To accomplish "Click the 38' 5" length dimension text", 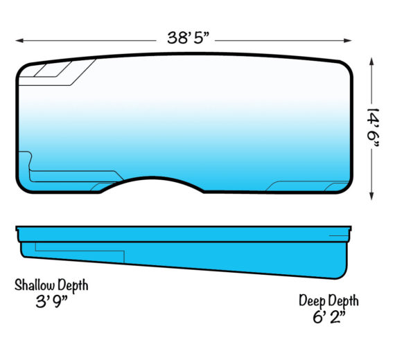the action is [188, 38].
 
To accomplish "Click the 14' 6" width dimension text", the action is [373, 128].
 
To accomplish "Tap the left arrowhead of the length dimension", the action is [19, 41].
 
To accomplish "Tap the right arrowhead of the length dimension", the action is [348, 41].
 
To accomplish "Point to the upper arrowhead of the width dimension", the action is [371, 62].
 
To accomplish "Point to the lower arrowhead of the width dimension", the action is [371, 196].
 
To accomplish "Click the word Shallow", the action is [35, 285].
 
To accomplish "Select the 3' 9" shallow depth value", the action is [51, 301].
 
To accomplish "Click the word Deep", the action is [312, 301].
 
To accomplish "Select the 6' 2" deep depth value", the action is [329, 316].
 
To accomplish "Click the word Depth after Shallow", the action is [73, 286].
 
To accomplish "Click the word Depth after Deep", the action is [343, 301].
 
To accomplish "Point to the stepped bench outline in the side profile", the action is [80, 251].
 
